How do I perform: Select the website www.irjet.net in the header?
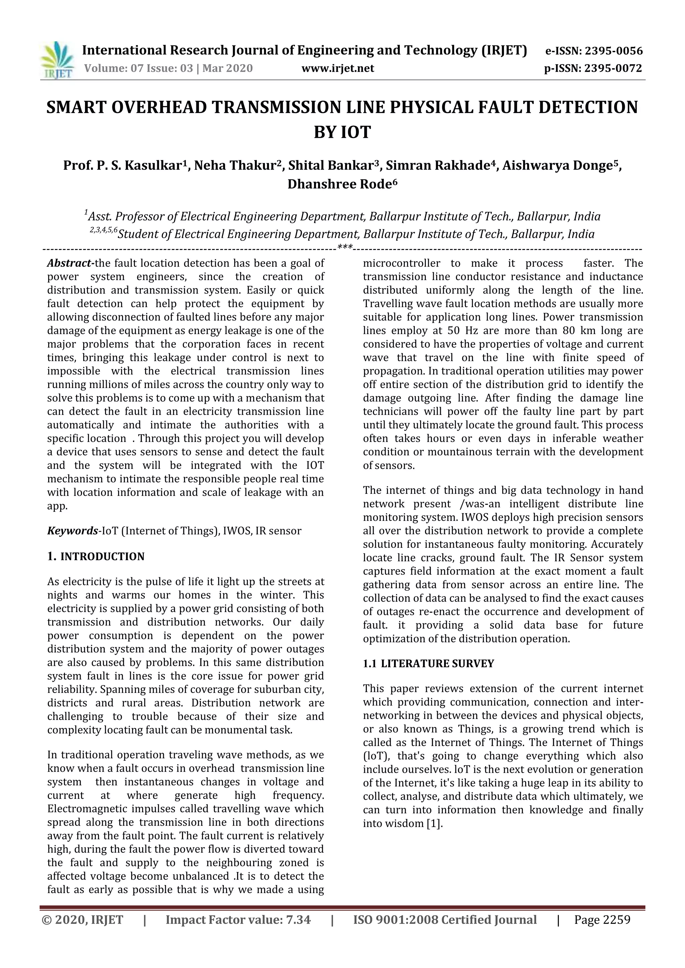pyautogui.click(x=337, y=68)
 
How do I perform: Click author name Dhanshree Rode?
pyautogui.click(x=339, y=185)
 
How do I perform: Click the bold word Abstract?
pyautogui.click(x=70, y=263)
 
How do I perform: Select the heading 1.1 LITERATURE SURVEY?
pyautogui.click(x=428, y=663)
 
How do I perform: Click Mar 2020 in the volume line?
pyautogui.click(x=227, y=68)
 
